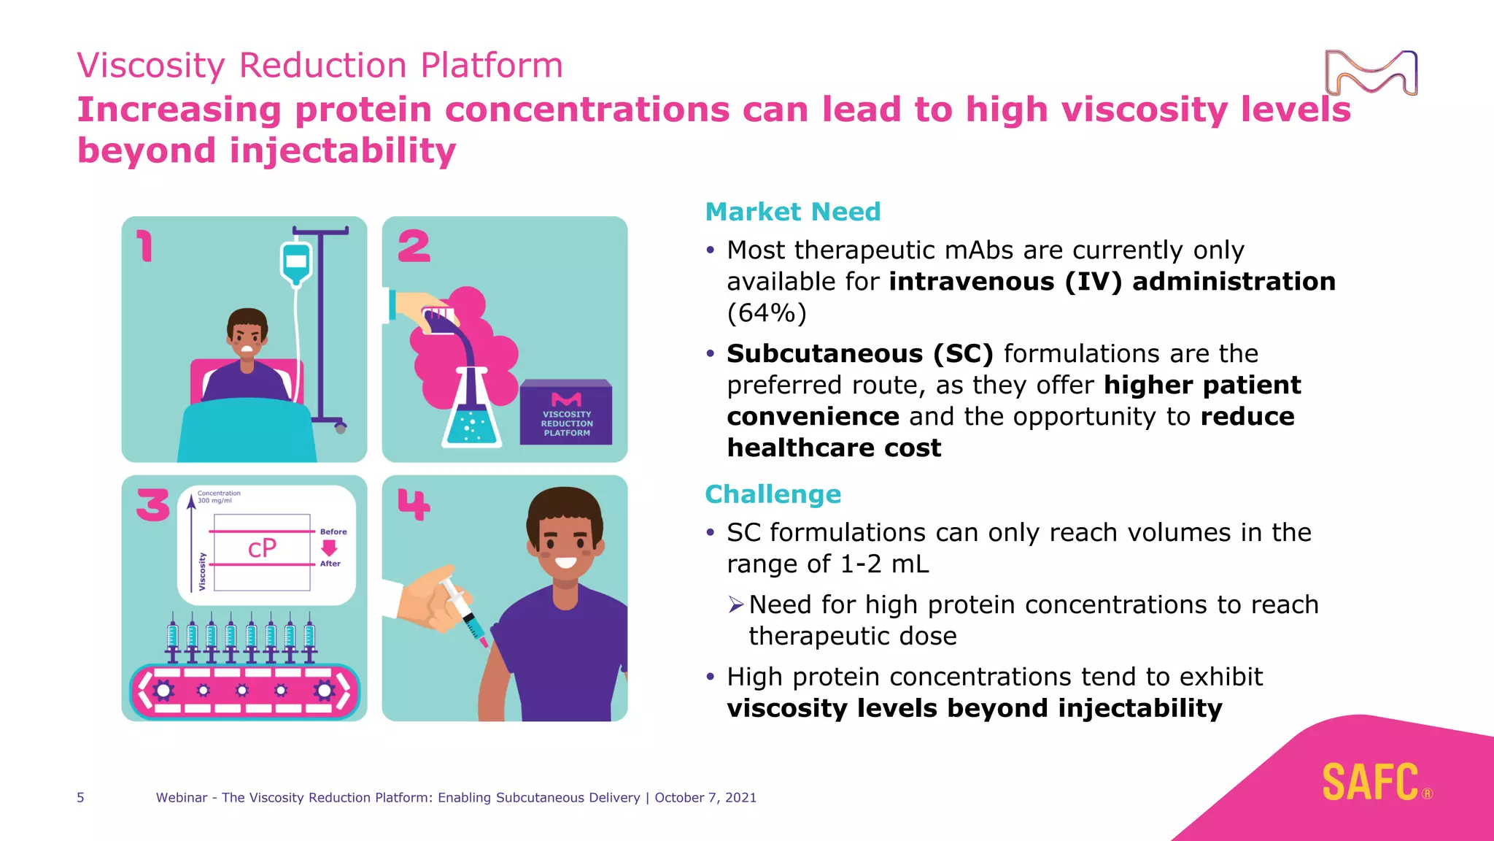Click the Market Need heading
point(793,212)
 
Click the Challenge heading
point(773,494)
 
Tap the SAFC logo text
point(1370,783)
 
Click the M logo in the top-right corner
point(1371,73)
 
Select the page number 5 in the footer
point(80,797)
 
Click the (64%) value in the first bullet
point(767,313)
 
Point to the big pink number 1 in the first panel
point(146,246)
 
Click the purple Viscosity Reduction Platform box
point(566,413)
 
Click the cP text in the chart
point(262,548)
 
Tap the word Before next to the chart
point(333,531)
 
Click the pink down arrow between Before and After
point(329,548)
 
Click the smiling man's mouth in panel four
point(565,563)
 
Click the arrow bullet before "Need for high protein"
point(735,604)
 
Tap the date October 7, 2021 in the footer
point(705,797)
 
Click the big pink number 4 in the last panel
point(414,504)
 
